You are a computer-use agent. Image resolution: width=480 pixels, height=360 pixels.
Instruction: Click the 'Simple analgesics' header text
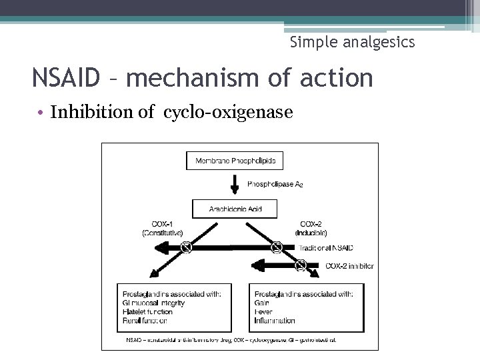352,42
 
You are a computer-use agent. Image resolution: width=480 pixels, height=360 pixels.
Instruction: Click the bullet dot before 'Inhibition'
41,113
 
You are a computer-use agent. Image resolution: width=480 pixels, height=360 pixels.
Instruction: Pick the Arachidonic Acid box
235,209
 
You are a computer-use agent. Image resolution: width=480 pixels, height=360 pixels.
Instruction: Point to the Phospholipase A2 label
275,183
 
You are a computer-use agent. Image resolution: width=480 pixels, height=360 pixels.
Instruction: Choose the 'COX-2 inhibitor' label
349,266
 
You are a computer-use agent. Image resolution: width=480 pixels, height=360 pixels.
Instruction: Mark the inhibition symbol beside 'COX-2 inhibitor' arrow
301,266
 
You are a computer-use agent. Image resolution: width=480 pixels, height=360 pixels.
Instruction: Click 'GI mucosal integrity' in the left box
154,303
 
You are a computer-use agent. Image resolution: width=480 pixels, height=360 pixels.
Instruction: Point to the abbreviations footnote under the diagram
231,339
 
